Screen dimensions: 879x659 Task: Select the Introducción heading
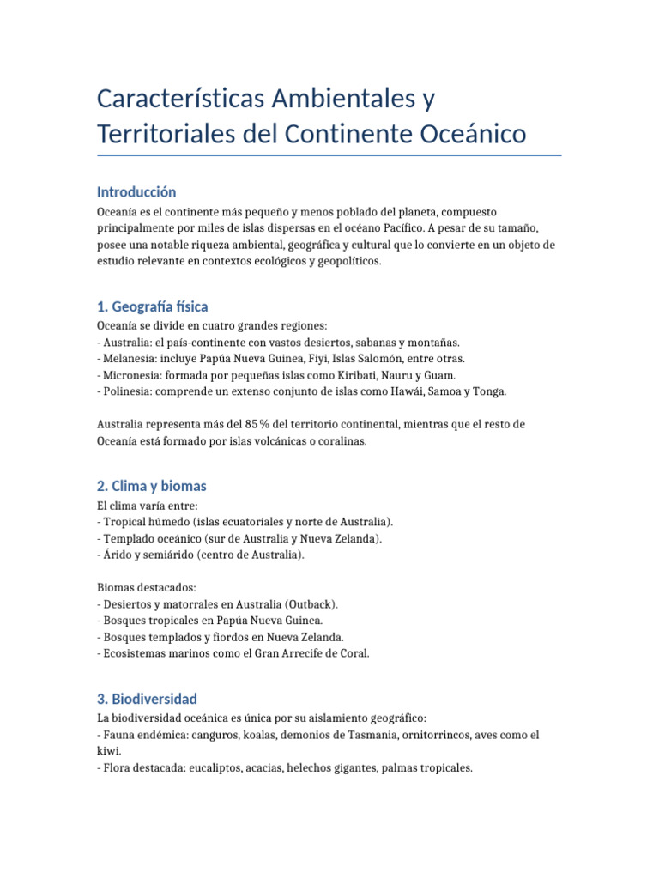[136, 191]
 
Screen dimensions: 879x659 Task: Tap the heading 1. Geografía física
[152, 306]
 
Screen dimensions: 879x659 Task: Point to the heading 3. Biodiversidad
[147, 699]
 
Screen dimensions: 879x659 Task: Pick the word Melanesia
[130, 358]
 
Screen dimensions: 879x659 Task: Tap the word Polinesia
[128, 391]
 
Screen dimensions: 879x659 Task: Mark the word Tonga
[488, 391]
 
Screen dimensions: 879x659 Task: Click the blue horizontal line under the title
[329, 155]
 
